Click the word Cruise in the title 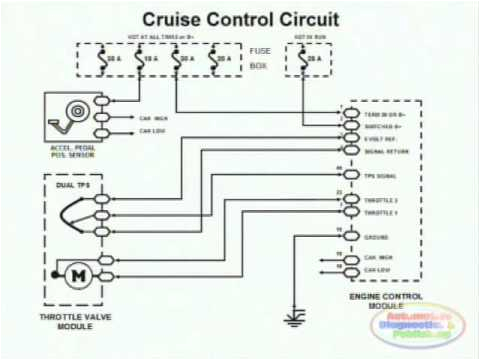click(173, 19)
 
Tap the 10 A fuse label click(148, 61)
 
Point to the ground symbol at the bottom click(295, 319)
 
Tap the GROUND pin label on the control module click(376, 238)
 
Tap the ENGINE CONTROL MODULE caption click(381, 301)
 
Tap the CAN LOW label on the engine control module click(377, 270)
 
